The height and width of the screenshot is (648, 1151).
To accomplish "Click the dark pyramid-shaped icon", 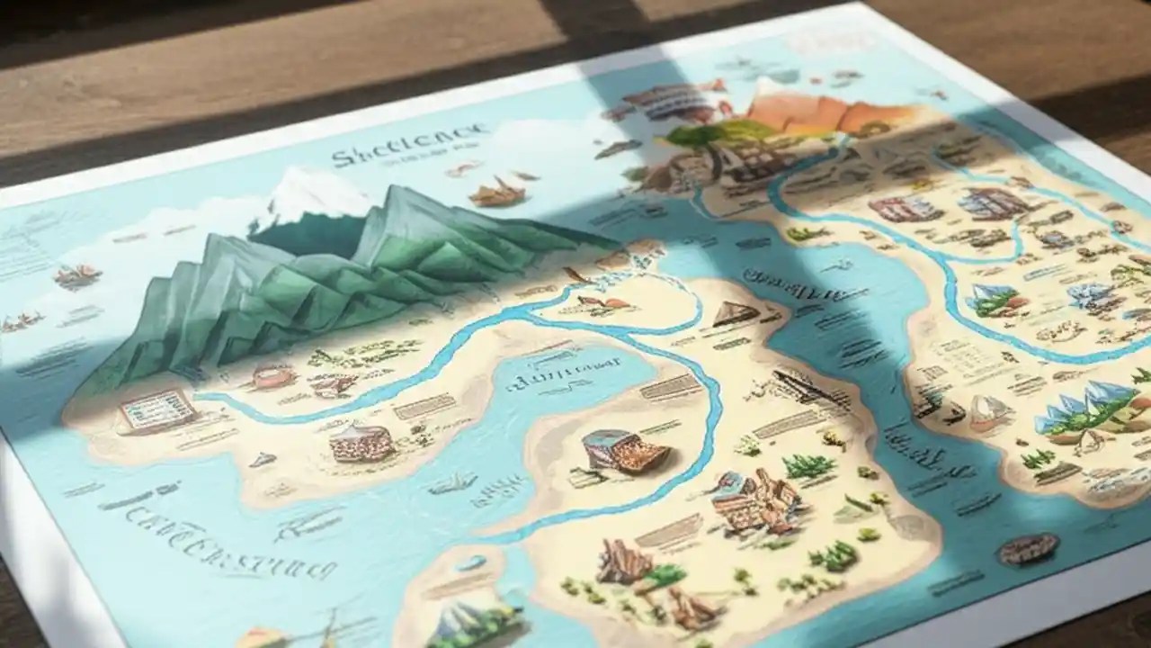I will coord(736,313).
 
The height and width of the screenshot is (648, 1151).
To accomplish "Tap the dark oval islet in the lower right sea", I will coord(1029,547).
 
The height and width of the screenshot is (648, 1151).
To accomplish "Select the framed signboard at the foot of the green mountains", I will coord(158,409).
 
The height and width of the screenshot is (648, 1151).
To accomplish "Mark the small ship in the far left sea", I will coord(77,275).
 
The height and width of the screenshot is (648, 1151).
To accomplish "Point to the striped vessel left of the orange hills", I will coord(665,100).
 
